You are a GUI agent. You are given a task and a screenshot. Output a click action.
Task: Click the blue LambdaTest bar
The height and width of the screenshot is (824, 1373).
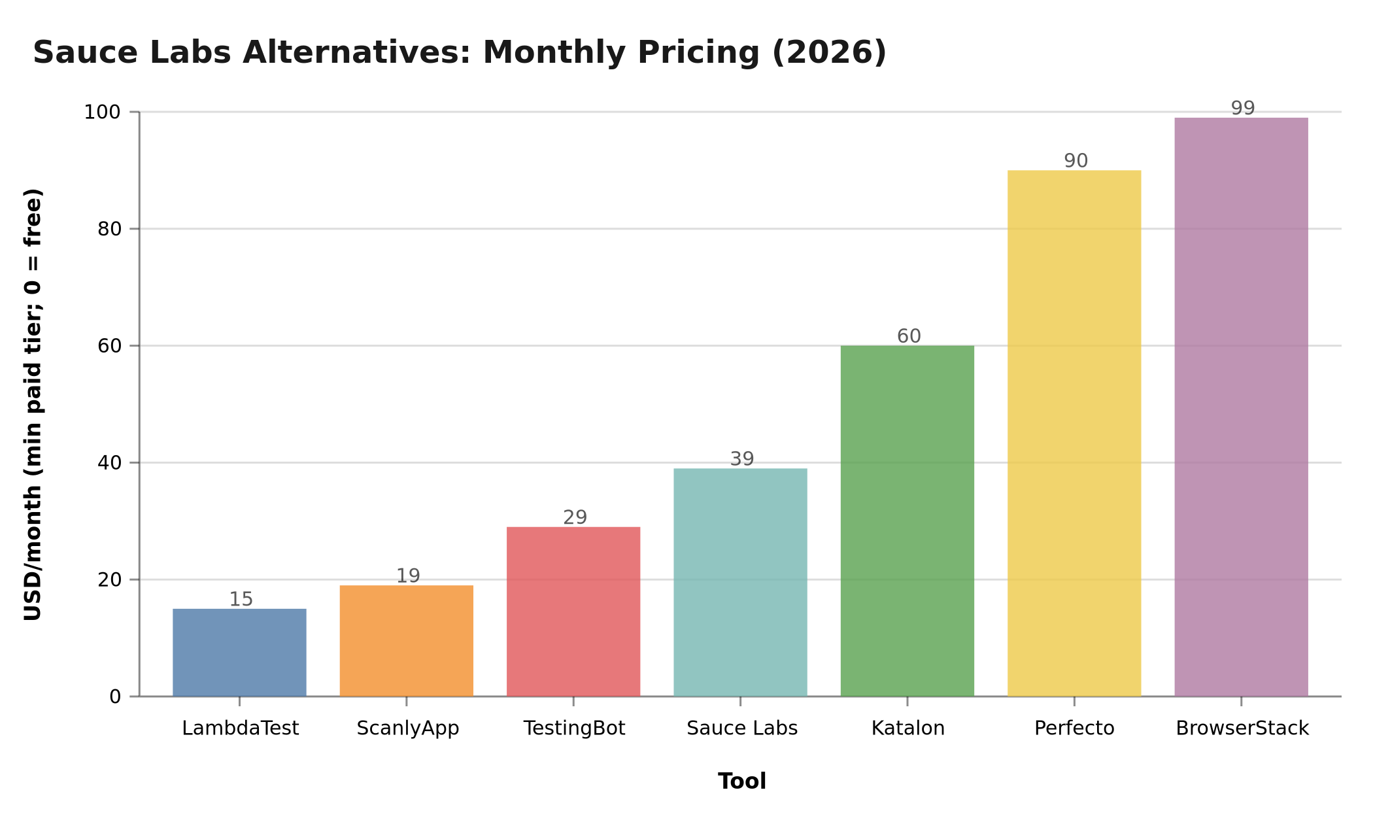coord(239,652)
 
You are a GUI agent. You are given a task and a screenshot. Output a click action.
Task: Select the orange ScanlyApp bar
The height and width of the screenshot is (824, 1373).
coord(406,640)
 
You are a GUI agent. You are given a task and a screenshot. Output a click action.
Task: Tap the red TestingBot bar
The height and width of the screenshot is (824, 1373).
coord(573,611)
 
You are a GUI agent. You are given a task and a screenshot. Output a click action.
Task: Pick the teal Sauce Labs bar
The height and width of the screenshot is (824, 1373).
coord(740,582)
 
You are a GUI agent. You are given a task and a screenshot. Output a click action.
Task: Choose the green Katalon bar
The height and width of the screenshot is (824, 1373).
coord(907,521)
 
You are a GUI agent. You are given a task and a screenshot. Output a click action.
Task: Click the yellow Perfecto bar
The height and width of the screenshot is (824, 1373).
coord(1074,433)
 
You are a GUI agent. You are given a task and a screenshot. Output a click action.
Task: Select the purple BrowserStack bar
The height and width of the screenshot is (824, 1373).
coord(1241,407)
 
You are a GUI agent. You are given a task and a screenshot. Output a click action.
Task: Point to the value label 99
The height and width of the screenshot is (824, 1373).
coord(1242,108)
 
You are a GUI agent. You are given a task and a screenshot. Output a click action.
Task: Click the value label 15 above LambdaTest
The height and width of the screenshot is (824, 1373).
coord(241,599)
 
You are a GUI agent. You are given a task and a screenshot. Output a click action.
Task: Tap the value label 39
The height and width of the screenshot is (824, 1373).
coord(741,459)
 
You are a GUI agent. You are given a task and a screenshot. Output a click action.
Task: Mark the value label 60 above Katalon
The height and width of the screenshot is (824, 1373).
coord(908,336)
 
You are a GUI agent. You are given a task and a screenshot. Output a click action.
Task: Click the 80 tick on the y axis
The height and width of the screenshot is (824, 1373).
coord(109,229)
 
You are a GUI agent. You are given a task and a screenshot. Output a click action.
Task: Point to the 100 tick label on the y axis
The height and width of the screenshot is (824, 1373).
coord(102,112)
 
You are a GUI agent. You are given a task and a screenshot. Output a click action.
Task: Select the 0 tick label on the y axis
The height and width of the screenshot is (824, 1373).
coord(115,697)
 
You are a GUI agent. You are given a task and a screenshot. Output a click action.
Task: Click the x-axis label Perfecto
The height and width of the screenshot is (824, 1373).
coord(1074,728)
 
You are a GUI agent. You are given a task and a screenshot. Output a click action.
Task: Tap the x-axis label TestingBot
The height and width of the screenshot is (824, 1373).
coord(574,728)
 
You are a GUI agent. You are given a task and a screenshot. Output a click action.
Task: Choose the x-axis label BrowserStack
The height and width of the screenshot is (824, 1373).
coord(1242,728)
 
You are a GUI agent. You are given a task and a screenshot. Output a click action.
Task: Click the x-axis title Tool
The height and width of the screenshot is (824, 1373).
coord(741,781)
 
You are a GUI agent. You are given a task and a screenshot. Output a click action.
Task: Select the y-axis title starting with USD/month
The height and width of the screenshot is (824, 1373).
coord(33,404)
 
